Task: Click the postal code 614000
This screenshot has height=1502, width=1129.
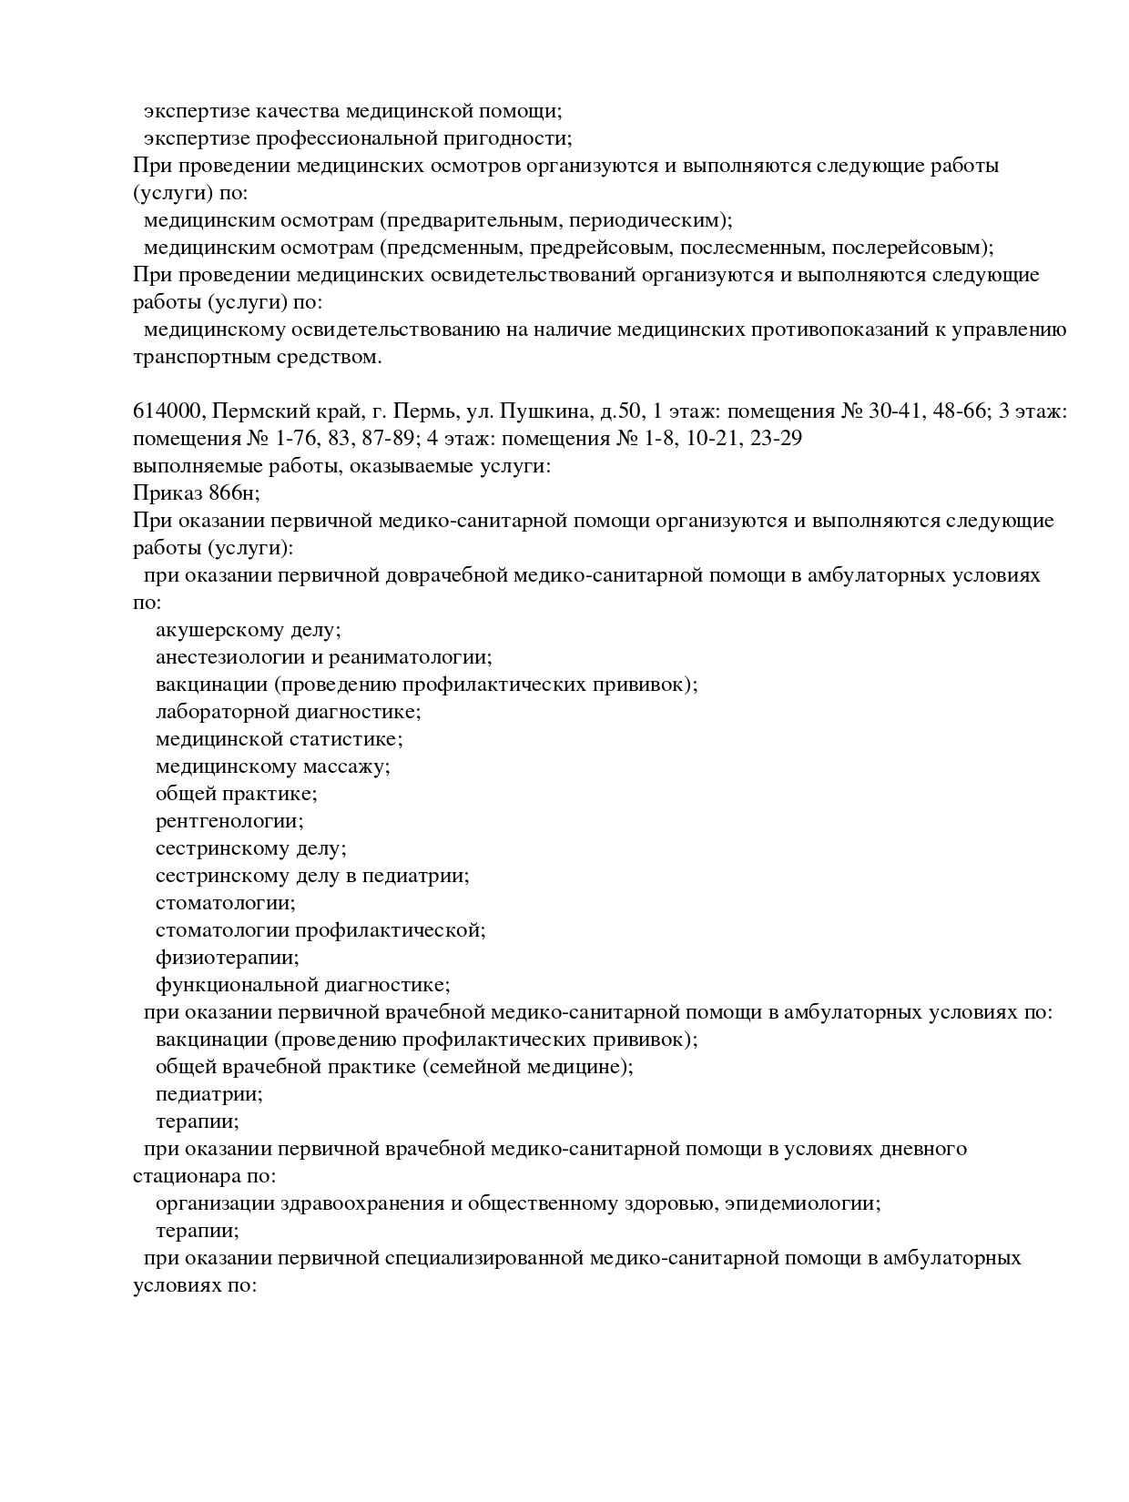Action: [x=167, y=411]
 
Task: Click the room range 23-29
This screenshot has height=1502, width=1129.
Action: [x=772, y=439]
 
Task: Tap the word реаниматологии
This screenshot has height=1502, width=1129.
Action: [x=410, y=657]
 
